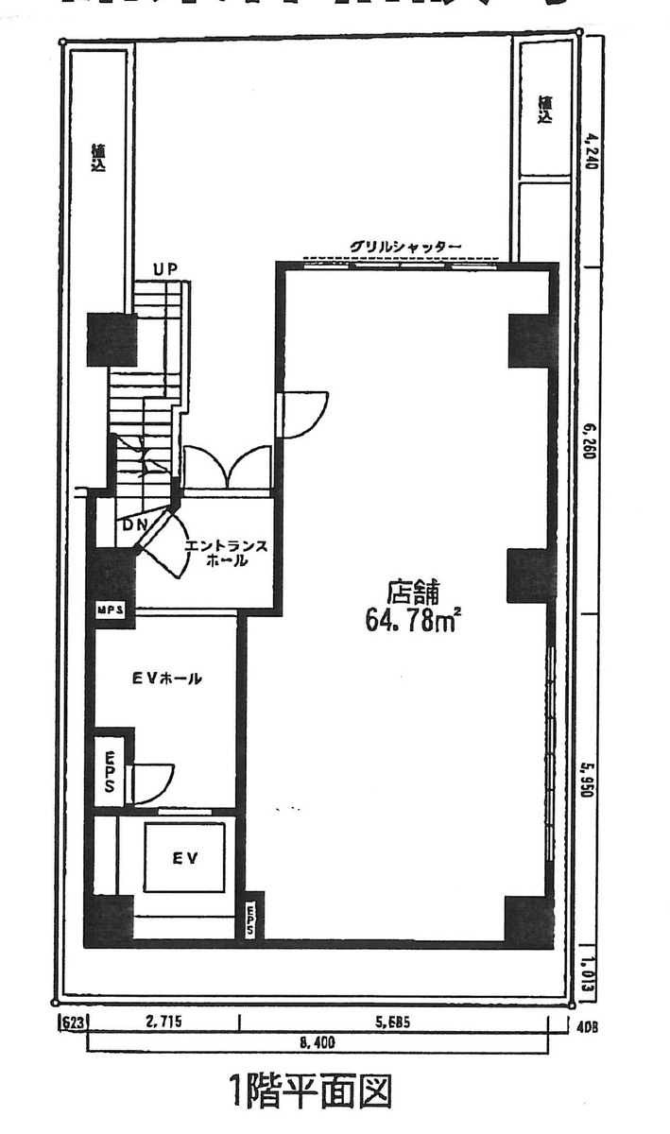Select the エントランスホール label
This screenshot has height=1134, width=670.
(x=226, y=553)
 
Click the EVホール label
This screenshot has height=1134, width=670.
(x=166, y=679)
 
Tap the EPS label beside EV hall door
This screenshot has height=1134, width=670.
(x=110, y=772)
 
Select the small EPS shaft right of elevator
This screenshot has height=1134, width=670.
(x=250, y=917)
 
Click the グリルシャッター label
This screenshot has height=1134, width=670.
(x=405, y=247)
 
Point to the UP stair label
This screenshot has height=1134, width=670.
(x=166, y=270)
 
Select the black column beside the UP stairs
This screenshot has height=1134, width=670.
(x=112, y=339)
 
